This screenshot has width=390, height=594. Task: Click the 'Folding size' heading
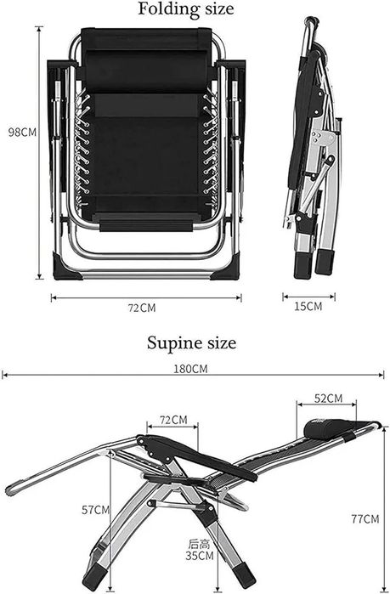click(x=185, y=9)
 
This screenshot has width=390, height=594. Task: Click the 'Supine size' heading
click(x=191, y=342)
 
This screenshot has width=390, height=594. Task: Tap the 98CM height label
click(x=23, y=133)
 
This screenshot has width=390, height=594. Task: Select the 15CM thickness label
click(x=308, y=306)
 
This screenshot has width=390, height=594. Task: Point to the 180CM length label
click(x=191, y=369)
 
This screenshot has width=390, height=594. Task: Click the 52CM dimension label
click(x=328, y=399)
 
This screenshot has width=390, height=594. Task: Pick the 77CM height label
click(x=365, y=518)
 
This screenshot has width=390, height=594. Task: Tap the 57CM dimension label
click(x=96, y=510)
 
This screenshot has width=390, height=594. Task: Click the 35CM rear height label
click(x=200, y=556)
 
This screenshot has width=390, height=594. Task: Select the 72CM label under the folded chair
click(x=142, y=308)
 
